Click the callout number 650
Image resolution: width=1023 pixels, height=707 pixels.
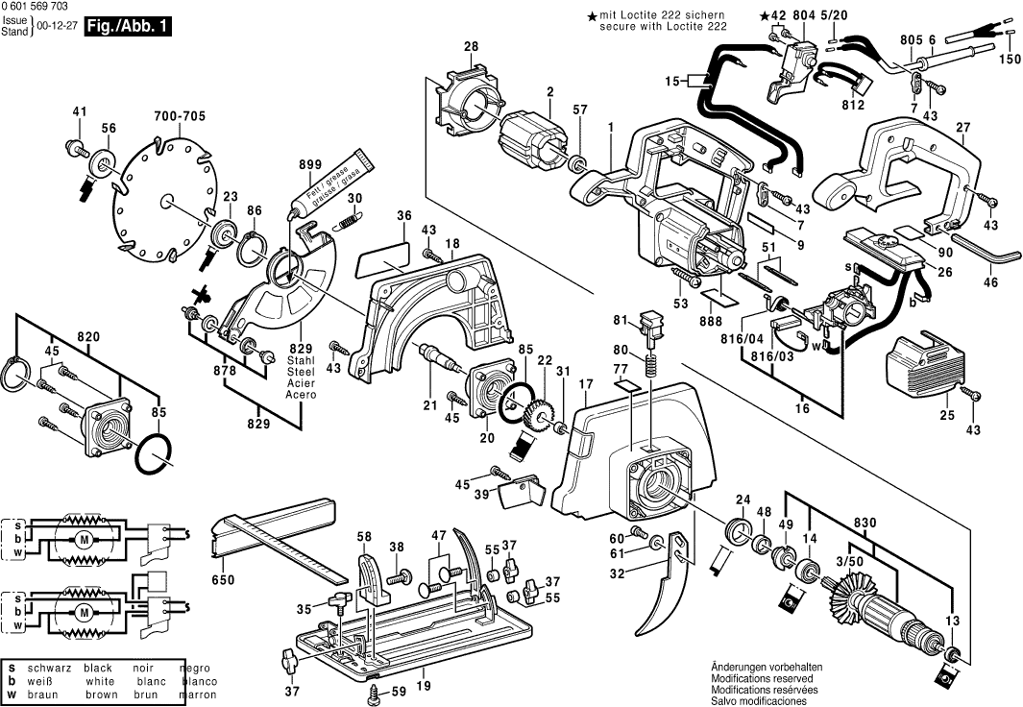(x=223, y=579)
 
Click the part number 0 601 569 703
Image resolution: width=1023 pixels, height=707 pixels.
(x=43, y=7)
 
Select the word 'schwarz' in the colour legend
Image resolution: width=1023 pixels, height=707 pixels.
(x=49, y=668)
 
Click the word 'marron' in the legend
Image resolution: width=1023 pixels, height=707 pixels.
(x=196, y=695)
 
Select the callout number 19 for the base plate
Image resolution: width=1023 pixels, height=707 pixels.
(x=424, y=686)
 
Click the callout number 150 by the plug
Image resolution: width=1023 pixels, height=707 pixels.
(x=1008, y=60)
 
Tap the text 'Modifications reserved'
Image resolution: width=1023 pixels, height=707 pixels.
(x=766, y=677)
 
